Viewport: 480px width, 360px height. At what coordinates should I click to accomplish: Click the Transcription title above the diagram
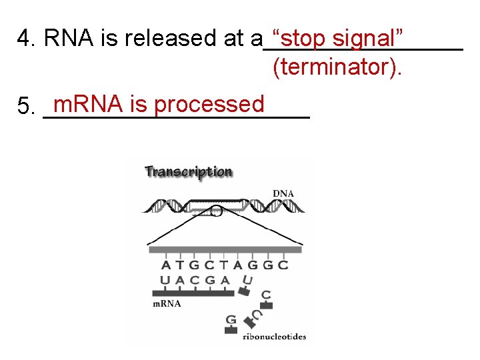pyautogui.click(x=189, y=172)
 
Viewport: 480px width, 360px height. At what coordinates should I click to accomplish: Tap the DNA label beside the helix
pyautogui.click(x=283, y=193)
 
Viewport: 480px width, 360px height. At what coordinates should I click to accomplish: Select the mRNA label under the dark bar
pyautogui.click(x=167, y=303)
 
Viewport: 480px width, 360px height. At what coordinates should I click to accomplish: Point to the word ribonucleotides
pyautogui.click(x=275, y=337)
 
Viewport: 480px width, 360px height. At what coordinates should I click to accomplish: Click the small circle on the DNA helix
pyautogui.click(x=216, y=212)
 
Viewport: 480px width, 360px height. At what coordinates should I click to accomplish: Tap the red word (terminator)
pyautogui.click(x=337, y=67)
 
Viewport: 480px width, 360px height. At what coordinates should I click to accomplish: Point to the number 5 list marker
pyautogui.click(x=25, y=106)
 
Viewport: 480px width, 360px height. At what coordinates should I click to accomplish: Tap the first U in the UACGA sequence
pyautogui.click(x=165, y=281)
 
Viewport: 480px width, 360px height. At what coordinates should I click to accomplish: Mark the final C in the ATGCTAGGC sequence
pyautogui.click(x=283, y=265)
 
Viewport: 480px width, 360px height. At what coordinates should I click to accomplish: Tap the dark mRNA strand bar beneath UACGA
pyautogui.click(x=193, y=292)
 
